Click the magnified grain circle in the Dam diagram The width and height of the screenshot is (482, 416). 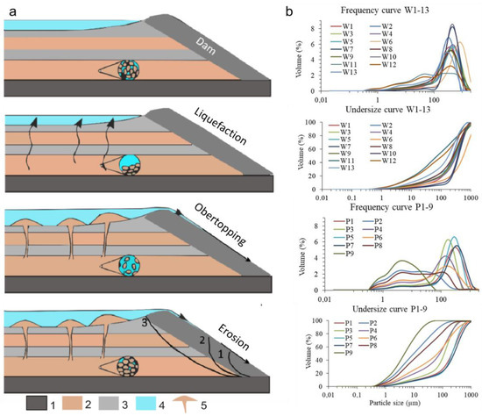click(134, 71)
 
